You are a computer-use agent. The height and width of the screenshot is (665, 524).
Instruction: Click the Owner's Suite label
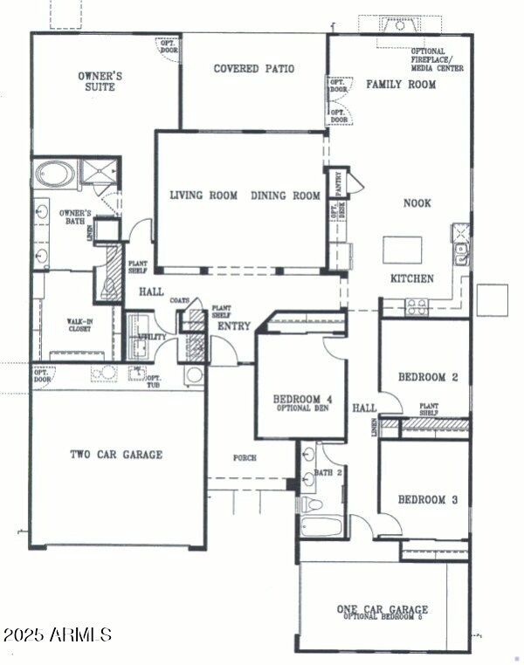point(100,81)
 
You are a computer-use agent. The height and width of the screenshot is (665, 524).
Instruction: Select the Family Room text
point(401,85)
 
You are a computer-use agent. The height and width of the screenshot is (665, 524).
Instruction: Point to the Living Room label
point(203,195)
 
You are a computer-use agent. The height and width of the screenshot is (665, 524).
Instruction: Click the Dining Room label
point(286,195)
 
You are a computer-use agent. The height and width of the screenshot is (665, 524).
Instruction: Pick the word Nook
point(417,202)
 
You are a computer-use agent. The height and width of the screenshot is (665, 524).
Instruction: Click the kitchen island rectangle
point(403,249)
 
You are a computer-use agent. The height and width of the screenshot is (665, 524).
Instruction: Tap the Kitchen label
point(411,278)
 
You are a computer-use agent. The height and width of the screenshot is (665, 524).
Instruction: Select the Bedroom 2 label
point(428,377)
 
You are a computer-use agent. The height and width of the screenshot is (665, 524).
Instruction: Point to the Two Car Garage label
point(116,454)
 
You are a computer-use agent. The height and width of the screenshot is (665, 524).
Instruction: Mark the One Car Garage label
point(383,609)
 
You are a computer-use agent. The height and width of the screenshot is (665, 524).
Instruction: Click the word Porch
point(245,456)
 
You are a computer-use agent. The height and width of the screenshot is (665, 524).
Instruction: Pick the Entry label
point(235,326)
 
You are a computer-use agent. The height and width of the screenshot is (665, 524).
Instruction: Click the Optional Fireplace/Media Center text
point(437,59)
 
